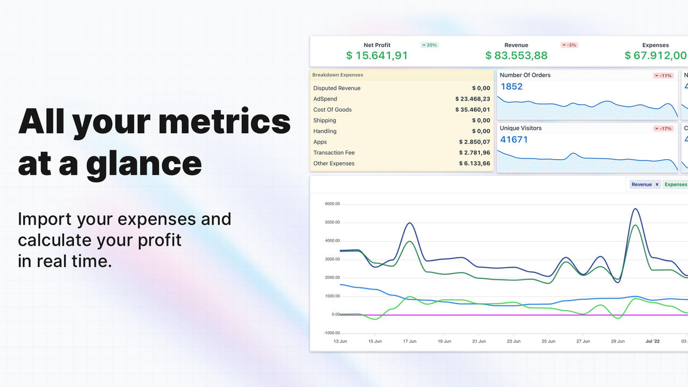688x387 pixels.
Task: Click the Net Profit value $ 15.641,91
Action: click(x=377, y=55)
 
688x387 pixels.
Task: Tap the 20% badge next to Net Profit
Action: click(x=429, y=45)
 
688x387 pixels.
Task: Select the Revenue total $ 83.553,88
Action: click(x=516, y=55)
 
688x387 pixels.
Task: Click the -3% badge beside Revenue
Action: click(x=569, y=45)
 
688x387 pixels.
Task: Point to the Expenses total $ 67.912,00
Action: click(x=655, y=55)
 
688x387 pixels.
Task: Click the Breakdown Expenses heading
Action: click(x=338, y=75)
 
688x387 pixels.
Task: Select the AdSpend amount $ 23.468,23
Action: click(x=472, y=99)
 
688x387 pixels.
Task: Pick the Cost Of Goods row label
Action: click(x=332, y=110)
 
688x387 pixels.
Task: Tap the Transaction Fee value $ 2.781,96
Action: click(x=474, y=153)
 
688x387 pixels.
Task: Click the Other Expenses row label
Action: click(x=334, y=163)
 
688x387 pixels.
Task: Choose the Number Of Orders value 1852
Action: click(x=511, y=87)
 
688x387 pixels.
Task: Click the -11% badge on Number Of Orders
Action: click(x=663, y=76)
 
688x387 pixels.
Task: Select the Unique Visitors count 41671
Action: click(x=514, y=140)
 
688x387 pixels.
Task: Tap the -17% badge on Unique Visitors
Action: click(x=663, y=128)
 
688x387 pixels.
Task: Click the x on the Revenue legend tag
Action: click(x=657, y=184)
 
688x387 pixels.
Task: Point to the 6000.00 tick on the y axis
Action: click(x=333, y=204)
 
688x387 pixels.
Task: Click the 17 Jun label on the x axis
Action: click(x=410, y=341)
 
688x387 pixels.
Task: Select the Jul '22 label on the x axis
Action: click(x=652, y=341)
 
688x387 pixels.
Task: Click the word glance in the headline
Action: click(x=144, y=163)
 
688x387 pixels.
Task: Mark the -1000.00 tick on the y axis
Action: click(x=332, y=333)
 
